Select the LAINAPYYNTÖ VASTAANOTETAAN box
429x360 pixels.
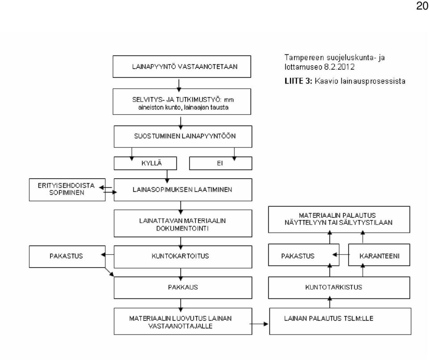[182, 67]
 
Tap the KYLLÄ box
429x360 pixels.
[145, 163]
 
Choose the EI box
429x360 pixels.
[220, 163]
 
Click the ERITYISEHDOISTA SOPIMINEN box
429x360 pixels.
[67, 189]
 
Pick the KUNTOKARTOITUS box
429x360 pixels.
[183, 257]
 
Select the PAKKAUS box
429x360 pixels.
[183, 288]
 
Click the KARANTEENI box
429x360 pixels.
[379, 255]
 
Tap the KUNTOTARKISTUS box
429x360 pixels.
[339, 288]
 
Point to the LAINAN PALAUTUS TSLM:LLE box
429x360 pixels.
[340, 322]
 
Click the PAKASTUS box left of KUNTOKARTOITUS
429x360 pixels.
[67, 256]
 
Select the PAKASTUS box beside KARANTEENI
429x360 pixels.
[304, 255]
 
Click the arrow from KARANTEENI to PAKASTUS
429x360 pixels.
[341, 255]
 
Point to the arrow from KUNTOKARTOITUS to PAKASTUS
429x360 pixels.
[107, 255]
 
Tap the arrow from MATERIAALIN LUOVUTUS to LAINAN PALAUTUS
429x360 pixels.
[259, 324]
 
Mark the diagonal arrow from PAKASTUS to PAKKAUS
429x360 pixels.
[109, 272]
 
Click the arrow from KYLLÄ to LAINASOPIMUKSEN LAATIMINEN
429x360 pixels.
[167, 176]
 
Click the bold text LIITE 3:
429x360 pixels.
[298, 81]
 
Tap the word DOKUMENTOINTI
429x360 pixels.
[182, 228]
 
